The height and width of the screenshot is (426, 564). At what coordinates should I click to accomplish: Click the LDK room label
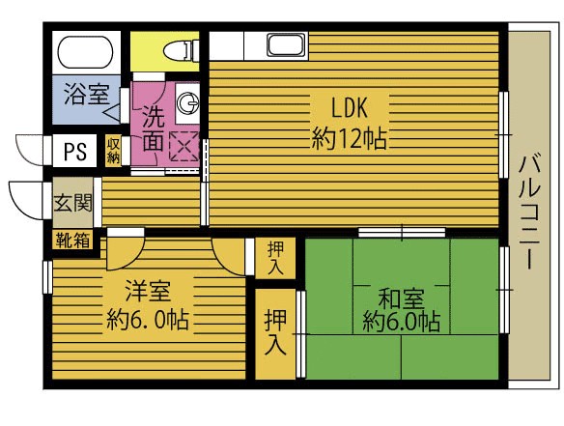(350, 108)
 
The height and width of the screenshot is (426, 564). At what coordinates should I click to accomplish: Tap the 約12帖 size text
(350, 138)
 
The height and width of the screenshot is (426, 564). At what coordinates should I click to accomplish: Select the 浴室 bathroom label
(86, 95)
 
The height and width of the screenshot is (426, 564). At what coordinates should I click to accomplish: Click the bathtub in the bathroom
(86, 52)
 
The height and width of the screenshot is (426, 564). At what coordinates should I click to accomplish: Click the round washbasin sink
(188, 101)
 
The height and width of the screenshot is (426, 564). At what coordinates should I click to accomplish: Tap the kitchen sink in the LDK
(286, 45)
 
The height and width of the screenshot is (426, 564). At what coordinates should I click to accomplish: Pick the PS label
(75, 151)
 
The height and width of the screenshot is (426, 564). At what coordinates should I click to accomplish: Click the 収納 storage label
(113, 151)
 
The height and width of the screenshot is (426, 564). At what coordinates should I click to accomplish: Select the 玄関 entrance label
(73, 203)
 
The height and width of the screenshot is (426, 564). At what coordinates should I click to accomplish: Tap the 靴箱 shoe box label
(72, 240)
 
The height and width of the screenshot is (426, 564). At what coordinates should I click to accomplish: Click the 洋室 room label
(148, 291)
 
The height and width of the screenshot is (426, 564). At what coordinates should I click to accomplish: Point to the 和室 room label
(401, 298)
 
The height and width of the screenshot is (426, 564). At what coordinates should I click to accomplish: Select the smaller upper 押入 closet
(275, 258)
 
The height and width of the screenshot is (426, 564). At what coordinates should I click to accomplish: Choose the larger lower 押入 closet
(275, 334)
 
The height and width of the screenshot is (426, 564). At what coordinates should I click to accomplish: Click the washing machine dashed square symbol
(183, 147)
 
